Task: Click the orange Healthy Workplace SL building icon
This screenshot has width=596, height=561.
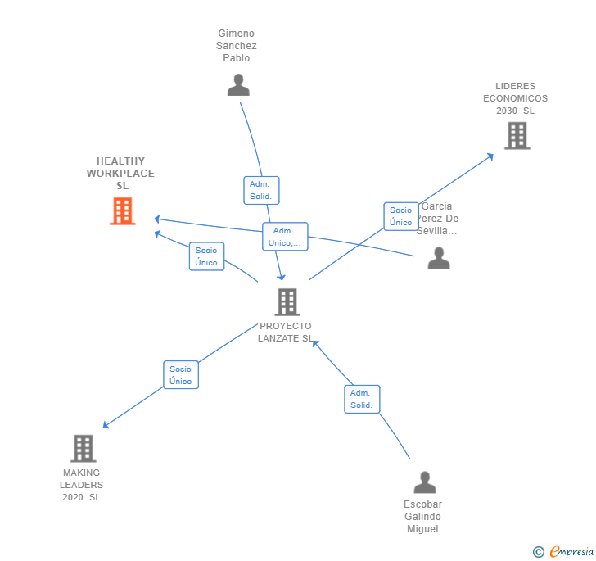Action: point(123,211)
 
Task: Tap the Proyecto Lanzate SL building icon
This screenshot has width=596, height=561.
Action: point(287,302)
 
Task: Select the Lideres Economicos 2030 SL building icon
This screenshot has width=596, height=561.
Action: point(517,136)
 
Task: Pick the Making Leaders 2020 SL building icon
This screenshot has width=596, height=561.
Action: point(83,449)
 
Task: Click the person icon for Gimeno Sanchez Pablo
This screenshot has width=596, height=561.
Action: point(238,84)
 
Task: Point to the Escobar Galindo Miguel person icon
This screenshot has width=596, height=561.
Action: point(424,482)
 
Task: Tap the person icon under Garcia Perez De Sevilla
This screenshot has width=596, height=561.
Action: point(439,258)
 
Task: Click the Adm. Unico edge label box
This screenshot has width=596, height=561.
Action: point(285,237)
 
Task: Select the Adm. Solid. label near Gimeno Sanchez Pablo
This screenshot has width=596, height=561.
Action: point(261,190)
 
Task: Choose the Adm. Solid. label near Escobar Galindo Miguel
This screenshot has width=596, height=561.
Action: point(362,399)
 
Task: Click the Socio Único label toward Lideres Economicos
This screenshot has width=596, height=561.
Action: point(401,216)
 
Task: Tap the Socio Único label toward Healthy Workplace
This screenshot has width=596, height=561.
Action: point(206,256)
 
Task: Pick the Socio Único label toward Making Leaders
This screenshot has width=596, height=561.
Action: point(181,375)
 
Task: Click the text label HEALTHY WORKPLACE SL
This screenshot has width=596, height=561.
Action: point(121,174)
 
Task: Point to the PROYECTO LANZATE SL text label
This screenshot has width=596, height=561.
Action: point(286,333)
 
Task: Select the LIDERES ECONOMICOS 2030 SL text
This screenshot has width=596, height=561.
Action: point(515,98)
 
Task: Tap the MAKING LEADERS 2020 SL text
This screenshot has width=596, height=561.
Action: point(82,485)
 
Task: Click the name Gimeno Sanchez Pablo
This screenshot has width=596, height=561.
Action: point(237,46)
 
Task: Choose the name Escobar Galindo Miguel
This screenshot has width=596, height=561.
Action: point(422,517)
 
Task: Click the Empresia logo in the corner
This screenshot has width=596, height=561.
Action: point(563,552)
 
